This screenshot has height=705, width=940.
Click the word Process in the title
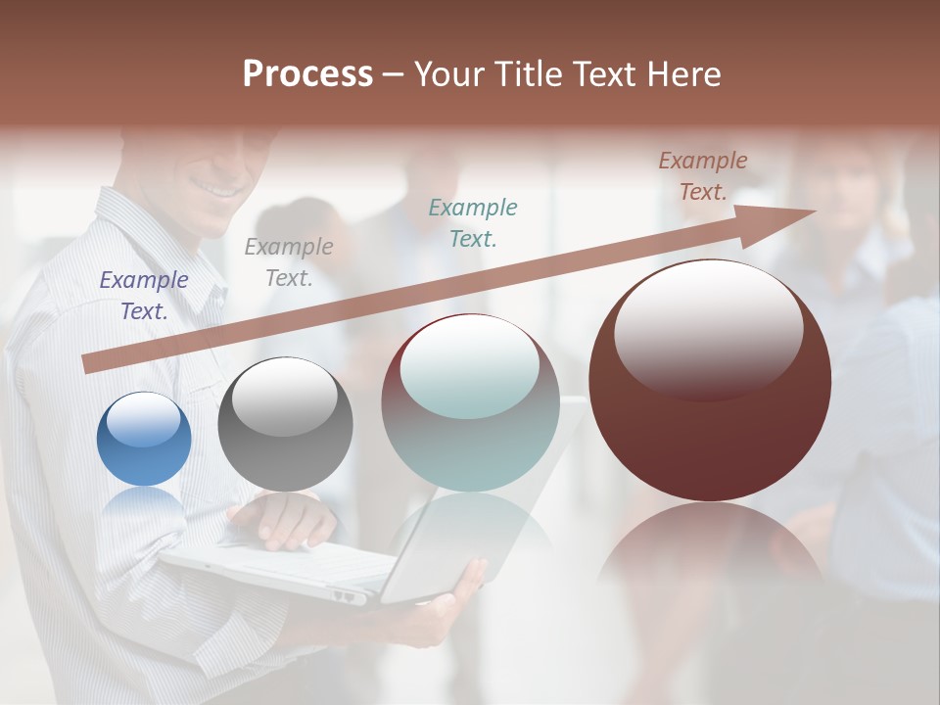tap(307, 74)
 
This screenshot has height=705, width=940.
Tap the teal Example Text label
tap(473, 222)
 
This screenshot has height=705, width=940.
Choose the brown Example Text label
tap(703, 176)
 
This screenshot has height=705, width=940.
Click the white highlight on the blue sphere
tap(144, 421)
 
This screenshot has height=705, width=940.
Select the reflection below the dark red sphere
tap(709, 548)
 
